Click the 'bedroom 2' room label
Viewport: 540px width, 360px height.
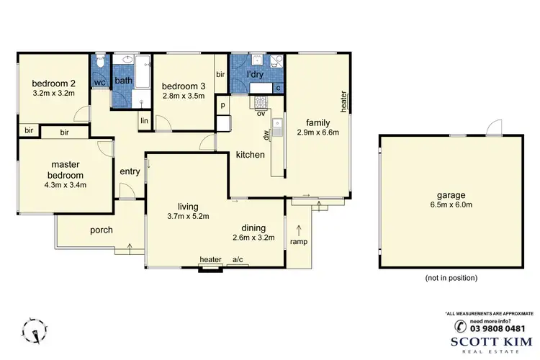coord(54,82)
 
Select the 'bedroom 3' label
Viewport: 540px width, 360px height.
coord(184,84)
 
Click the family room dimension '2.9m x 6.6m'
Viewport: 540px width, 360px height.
coord(318,132)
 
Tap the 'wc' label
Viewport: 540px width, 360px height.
coord(100,83)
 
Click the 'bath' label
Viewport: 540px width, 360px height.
coord(124,81)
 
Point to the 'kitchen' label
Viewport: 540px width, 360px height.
coord(251,155)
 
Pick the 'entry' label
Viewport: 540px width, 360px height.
coord(130,171)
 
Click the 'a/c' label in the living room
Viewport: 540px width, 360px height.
coord(237,260)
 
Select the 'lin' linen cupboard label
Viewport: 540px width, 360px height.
coord(145,120)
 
